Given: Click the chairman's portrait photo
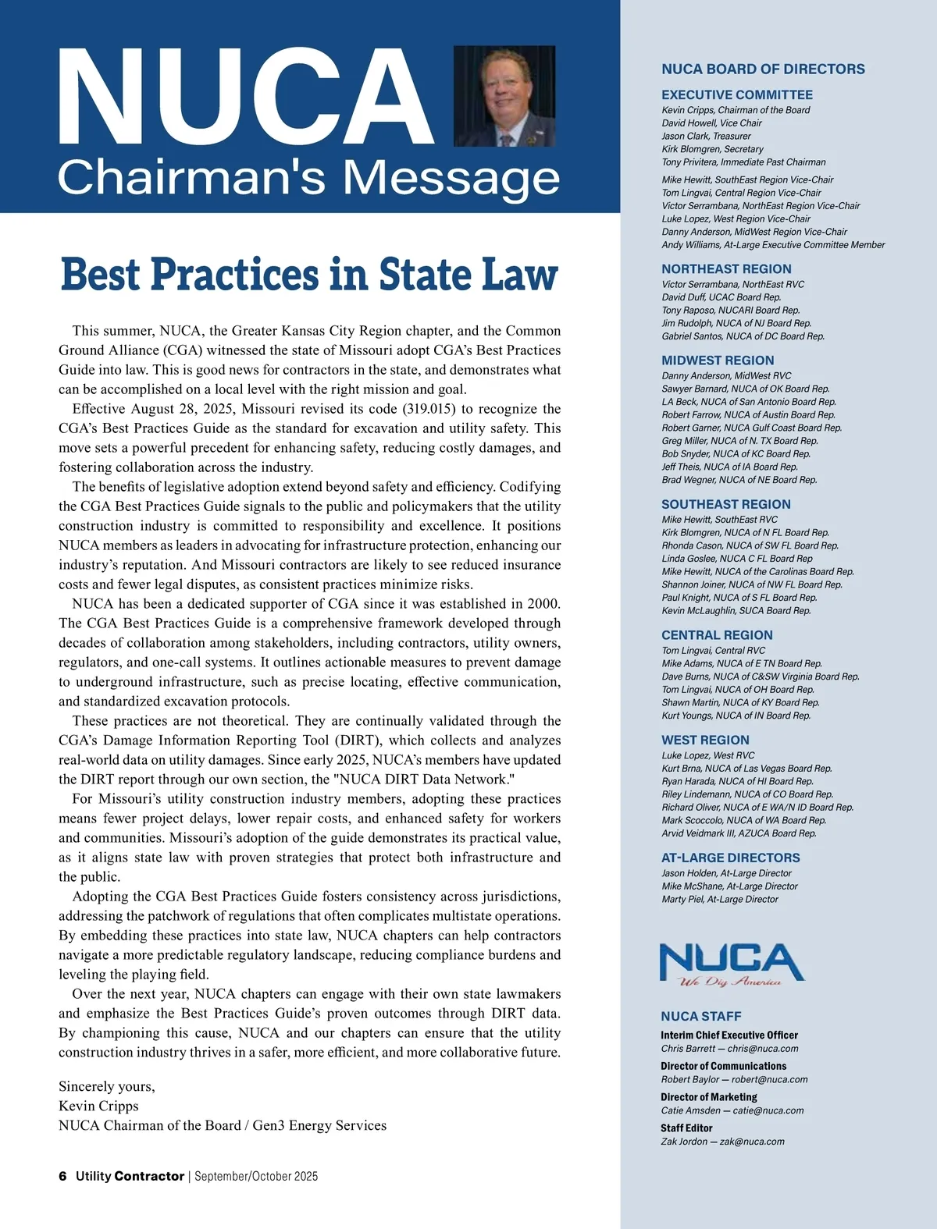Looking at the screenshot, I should pos(504,96).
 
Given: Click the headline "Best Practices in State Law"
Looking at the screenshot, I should pos(309,275).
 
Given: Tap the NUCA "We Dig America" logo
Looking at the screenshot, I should pos(731,965).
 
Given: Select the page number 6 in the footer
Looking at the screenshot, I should pos(62,1176).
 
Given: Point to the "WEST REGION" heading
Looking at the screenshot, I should pos(705,740).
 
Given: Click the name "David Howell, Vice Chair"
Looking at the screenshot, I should pos(711,123).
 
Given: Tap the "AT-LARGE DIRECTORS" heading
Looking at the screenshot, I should pos(730,858).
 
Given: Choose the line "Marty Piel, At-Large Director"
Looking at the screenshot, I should pos(719,900).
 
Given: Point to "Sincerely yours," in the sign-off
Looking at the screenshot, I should pos(107,1086).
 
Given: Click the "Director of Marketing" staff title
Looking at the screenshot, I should pos(708,1097).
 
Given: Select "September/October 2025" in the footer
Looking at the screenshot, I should pos(256,1176).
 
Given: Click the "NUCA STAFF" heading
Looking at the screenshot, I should pos(700,1016).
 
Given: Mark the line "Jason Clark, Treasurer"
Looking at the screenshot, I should pos(706,136).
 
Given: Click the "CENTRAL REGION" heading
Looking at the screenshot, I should pos(717,635).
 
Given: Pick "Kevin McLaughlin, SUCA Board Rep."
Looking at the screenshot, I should pos(736,611).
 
